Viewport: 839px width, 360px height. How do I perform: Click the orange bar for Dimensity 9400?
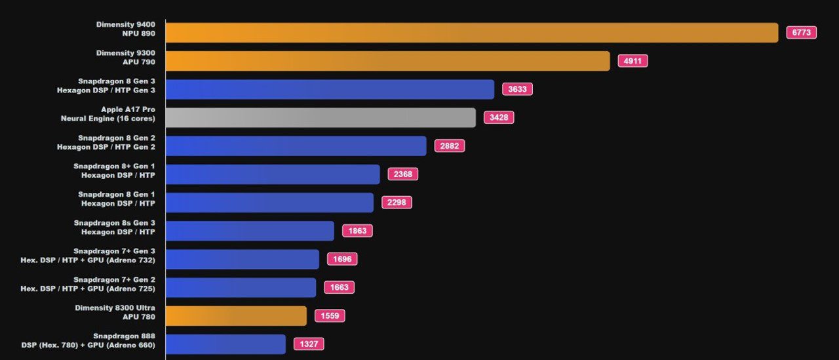(x=472, y=33)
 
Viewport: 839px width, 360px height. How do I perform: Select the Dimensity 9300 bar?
(x=387, y=61)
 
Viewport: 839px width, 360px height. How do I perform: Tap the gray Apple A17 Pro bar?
(x=321, y=117)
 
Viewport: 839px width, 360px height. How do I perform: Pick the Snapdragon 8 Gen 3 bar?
(x=330, y=89)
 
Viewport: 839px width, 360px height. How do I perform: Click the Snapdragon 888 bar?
(x=225, y=344)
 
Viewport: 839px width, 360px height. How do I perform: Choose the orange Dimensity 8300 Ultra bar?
(x=236, y=315)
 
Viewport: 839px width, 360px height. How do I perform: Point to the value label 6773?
(x=801, y=33)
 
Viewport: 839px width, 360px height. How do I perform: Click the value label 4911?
(x=633, y=61)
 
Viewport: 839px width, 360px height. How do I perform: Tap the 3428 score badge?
(x=499, y=117)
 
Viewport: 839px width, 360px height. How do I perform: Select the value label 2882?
(x=449, y=146)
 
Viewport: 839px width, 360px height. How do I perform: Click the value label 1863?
(x=357, y=231)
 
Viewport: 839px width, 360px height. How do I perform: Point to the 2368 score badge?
(x=402, y=174)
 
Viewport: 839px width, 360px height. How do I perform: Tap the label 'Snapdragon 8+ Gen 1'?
(x=115, y=166)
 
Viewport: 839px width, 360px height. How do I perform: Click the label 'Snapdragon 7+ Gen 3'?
(x=115, y=251)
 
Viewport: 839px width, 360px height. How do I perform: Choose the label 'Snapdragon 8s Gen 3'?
(x=115, y=223)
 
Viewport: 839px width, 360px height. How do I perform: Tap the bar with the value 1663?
(x=241, y=287)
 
